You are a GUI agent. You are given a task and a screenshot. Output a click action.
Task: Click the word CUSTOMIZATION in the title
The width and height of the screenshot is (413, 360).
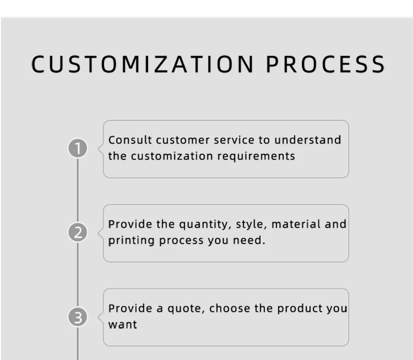pyautogui.click(x=142, y=64)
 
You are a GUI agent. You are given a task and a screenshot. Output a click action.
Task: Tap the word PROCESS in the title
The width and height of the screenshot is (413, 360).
pyautogui.click(x=326, y=64)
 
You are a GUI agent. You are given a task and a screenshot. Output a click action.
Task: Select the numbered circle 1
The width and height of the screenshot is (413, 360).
pyautogui.click(x=78, y=148)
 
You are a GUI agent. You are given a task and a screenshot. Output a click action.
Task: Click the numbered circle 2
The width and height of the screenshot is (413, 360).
pyautogui.click(x=78, y=232)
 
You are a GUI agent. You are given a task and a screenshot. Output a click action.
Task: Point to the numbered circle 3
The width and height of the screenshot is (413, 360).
pyautogui.click(x=78, y=317)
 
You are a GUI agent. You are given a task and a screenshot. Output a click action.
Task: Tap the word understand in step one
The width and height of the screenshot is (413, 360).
pyautogui.click(x=308, y=140)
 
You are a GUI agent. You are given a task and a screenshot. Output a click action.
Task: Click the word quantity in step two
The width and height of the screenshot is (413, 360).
pyautogui.click(x=205, y=225)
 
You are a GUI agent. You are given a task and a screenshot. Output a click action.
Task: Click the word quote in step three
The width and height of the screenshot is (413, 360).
pyautogui.click(x=186, y=309)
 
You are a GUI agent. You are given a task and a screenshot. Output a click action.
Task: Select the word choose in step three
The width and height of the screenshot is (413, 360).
pyautogui.click(x=230, y=308)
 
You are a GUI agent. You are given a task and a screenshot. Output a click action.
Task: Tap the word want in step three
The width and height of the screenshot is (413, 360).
pyautogui.click(x=122, y=325)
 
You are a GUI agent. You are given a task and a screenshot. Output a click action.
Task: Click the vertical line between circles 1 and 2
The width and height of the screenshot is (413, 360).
pyautogui.click(x=78, y=190)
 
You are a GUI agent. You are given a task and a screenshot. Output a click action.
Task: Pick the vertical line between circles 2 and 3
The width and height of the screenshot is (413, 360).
pyautogui.click(x=78, y=275)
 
